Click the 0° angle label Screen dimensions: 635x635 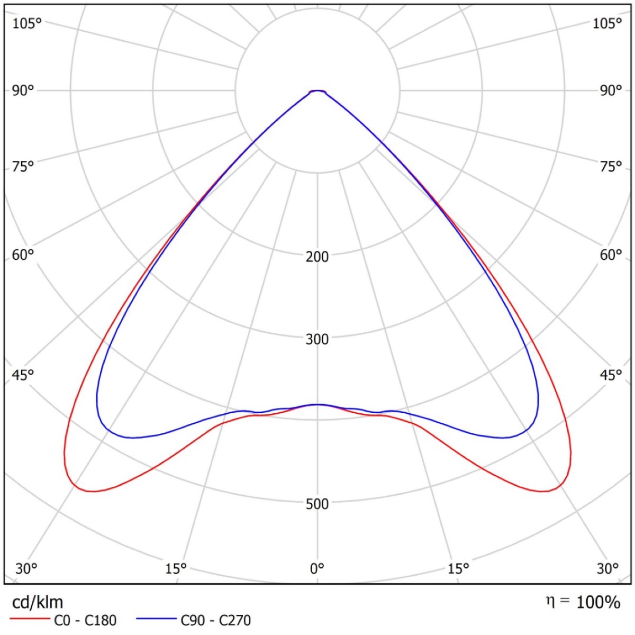(317, 569)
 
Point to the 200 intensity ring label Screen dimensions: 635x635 (317, 257)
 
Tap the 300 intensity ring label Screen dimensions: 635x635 (317, 339)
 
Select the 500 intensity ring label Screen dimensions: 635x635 (317, 504)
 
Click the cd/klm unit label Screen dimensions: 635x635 (37, 602)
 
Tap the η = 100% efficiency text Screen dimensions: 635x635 (583, 602)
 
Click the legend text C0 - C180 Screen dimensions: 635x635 (85, 620)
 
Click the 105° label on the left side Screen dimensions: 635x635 (27, 24)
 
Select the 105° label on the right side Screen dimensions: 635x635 (607, 24)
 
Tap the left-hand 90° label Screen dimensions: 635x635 (23, 90)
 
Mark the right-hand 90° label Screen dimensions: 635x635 (611, 90)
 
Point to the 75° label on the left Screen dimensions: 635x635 (23, 166)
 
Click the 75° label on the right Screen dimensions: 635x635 (611, 166)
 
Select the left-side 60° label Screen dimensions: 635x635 (23, 255)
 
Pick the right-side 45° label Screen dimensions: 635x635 (611, 375)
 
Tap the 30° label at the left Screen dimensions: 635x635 (26, 569)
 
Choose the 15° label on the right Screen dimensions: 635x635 (458, 569)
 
